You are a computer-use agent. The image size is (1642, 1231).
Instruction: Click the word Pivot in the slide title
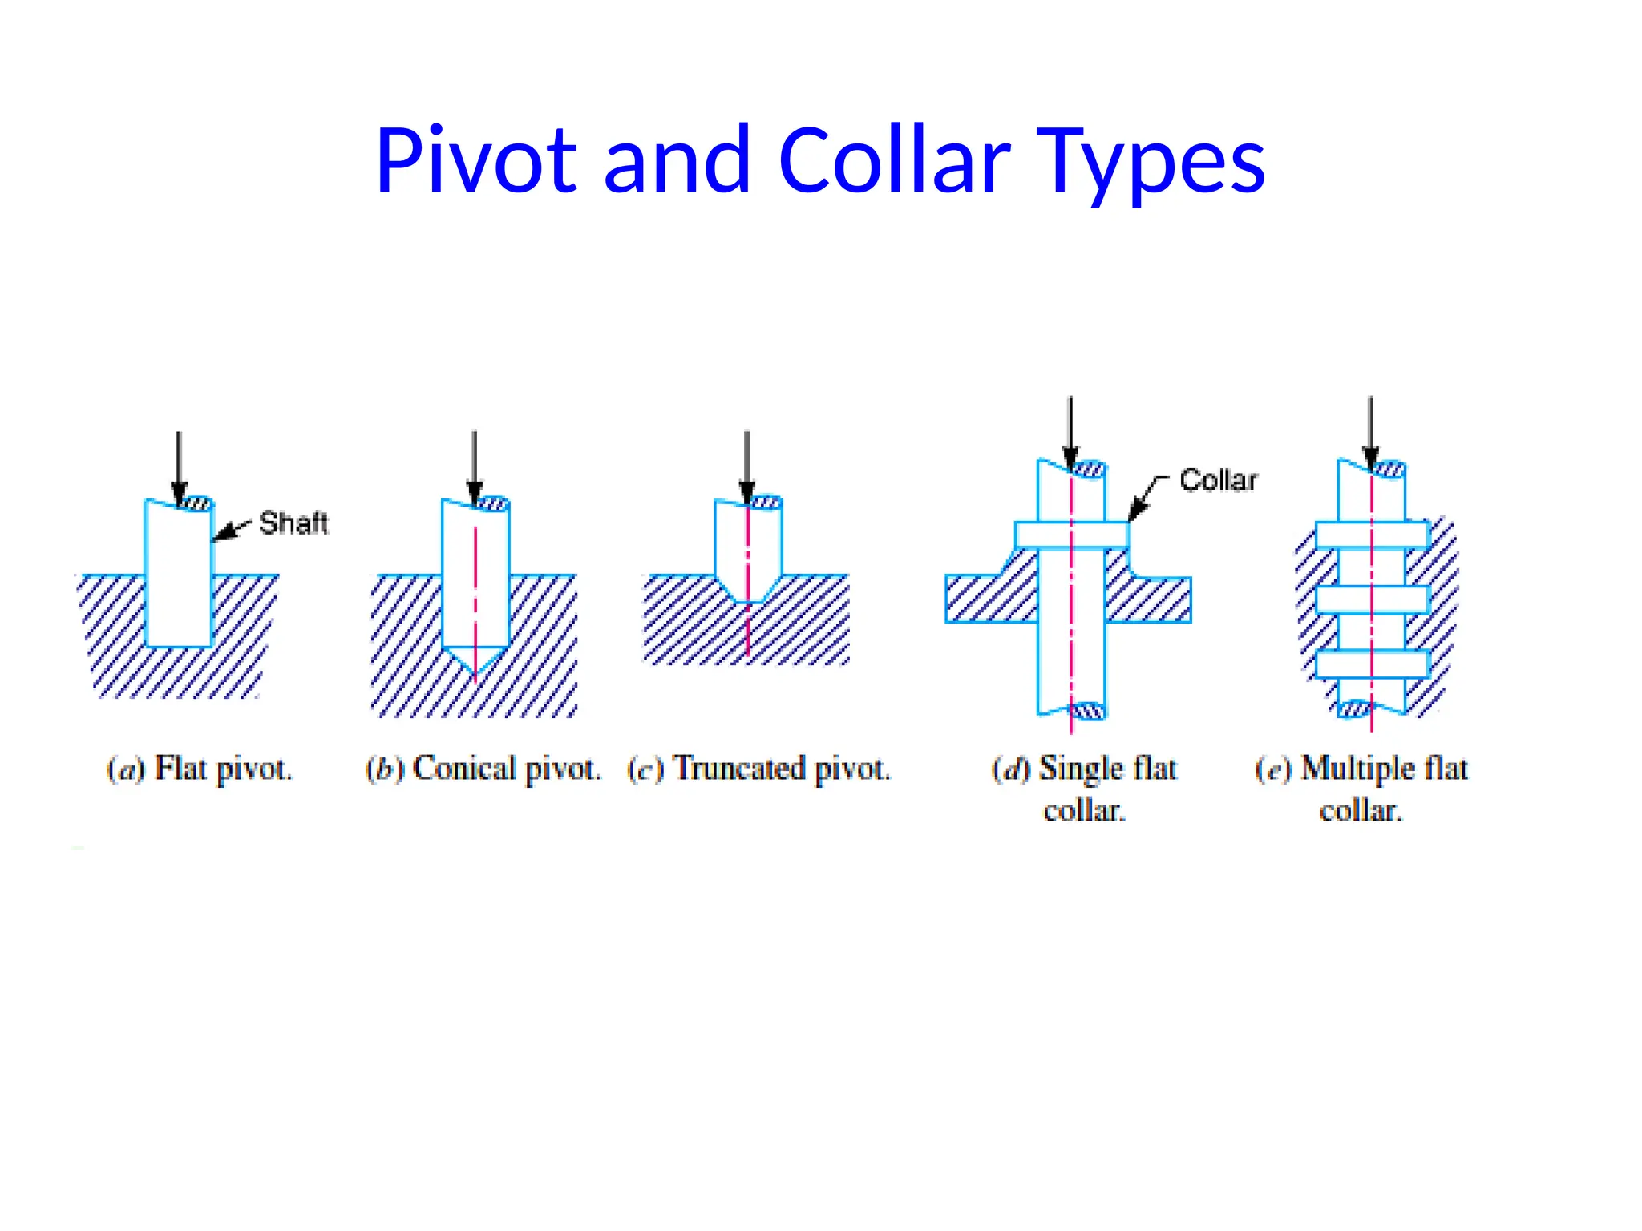tap(475, 160)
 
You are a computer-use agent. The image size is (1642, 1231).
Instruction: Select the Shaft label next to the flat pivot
tap(293, 523)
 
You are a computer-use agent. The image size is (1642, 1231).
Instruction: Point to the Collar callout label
tap(1218, 480)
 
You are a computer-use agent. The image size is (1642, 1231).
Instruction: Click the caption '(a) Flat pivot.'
tap(200, 769)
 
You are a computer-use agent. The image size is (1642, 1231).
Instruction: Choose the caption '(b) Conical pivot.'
tap(483, 769)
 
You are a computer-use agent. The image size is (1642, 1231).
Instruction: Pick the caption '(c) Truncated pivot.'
tap(758, 769)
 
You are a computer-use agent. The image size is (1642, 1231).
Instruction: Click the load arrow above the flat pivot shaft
tap(179, 465)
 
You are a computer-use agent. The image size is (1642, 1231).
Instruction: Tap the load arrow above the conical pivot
tap(475, 465)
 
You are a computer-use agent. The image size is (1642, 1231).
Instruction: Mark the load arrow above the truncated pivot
tap(746, 465)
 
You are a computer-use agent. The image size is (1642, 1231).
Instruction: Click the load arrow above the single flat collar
tap(1070, 433)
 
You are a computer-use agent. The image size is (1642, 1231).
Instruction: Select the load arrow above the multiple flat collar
tap(1371, 433)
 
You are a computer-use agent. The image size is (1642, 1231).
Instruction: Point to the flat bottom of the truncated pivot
tap(748, 600)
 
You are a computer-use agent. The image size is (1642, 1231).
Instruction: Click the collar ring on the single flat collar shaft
tap(1071, 535)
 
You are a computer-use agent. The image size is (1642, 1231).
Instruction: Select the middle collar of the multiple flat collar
tap(1372, 599)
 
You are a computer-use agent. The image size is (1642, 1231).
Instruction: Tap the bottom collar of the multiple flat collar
tap(1372, 664)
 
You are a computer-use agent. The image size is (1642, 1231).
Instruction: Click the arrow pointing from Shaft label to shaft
tap(231, 530)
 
